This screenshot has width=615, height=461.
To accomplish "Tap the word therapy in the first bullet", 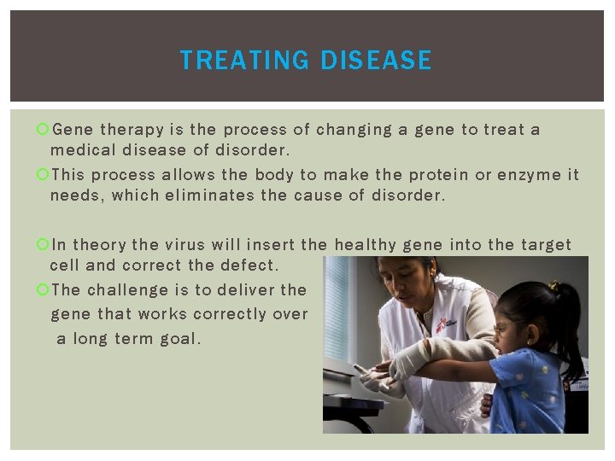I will coord(132,130).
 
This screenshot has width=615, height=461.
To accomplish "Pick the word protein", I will coord(438,174).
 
